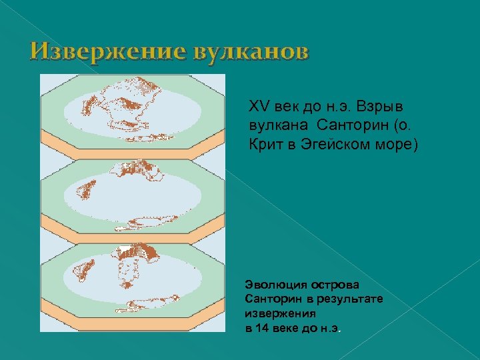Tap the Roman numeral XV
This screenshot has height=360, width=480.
pyautogui.click(x=257, y=107)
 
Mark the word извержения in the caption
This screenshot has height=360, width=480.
pyautogui.click(x=280, y=311)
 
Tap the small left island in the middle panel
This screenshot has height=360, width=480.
pyautogui.click(x=85, y=190)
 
